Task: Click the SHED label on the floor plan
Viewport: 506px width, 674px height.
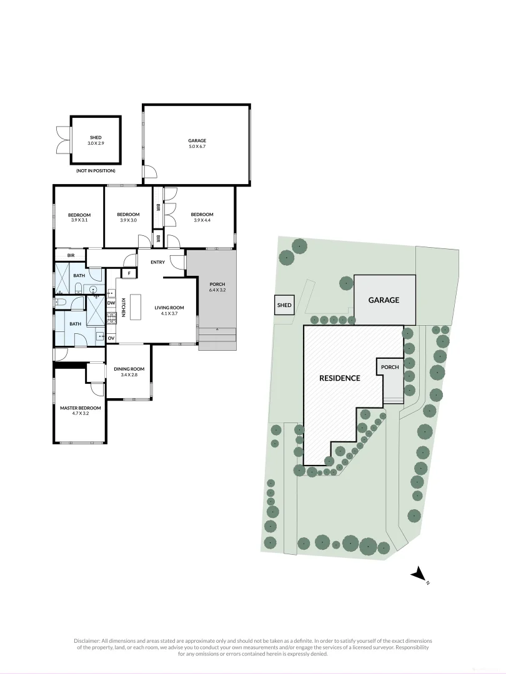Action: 95,137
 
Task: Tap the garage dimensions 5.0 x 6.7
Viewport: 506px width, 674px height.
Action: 197,146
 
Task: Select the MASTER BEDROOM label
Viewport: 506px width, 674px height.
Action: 81,408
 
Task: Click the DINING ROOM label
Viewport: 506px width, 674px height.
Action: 129,369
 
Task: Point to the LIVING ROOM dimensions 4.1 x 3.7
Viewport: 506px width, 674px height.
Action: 169,313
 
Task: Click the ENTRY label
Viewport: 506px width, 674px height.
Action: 157,261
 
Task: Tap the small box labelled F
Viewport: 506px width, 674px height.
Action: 129,273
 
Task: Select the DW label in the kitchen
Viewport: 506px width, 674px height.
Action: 111,303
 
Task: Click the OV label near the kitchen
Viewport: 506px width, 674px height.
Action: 111,338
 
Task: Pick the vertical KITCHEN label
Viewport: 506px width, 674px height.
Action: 124,308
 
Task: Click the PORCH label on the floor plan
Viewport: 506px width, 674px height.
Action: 217,284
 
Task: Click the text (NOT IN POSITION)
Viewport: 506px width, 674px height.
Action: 96,170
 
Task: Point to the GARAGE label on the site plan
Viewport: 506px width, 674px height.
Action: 384,300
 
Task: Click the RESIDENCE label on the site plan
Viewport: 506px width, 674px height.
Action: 340,378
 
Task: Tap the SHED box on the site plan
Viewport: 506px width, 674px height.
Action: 284,305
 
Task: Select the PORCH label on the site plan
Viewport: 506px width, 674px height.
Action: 390,367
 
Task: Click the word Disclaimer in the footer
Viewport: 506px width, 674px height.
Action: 87,641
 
